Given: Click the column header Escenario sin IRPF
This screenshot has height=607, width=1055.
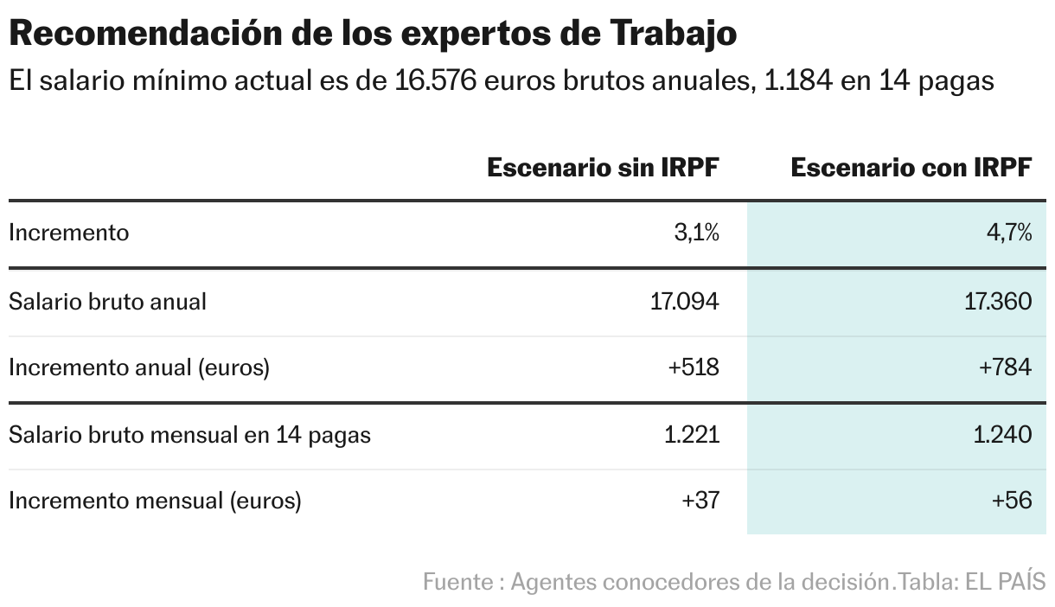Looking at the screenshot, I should tap(603, 168).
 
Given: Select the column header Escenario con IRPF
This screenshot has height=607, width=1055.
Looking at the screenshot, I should tap(911, 168).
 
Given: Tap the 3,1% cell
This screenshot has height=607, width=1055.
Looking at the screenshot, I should tap(697, 233).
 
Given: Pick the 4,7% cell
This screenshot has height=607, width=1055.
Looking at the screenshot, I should tap(1009, 233).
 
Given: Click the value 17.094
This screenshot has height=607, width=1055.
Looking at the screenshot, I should tap(684, 301).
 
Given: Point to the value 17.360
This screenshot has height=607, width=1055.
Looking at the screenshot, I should tap(996, 301).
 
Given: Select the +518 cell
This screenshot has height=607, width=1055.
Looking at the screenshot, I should tap(694, 367).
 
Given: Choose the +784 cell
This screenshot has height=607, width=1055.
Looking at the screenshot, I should tap(1005, 367).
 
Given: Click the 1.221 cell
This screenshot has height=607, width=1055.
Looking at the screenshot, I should tap(692, 434).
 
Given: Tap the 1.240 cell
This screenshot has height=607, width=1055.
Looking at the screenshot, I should tap(1002, 434).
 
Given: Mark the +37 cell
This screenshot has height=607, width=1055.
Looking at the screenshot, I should tap(700, 501).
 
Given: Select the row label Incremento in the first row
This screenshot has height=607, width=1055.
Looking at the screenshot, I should tap(68, 233).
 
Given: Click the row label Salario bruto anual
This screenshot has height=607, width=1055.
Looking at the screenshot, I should tap(107, 301).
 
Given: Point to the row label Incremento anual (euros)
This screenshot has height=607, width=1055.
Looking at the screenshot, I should tap(139, 367).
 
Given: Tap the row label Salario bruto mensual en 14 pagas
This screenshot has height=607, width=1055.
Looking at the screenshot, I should tap(189, 434).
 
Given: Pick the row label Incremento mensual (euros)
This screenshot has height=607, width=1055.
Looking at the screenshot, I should tap(155, 501).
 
